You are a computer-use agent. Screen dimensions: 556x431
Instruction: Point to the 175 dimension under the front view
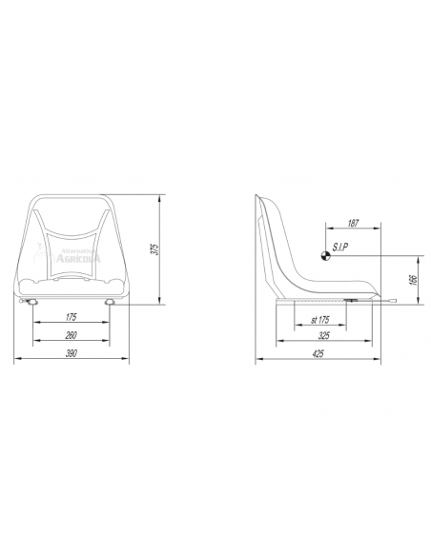click(72, 317)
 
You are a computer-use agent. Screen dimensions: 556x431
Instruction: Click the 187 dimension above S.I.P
click(354, 223)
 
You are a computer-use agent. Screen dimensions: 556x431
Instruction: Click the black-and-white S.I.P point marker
click(325, 253)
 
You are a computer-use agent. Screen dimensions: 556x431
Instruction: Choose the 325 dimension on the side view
click(323, 336)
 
